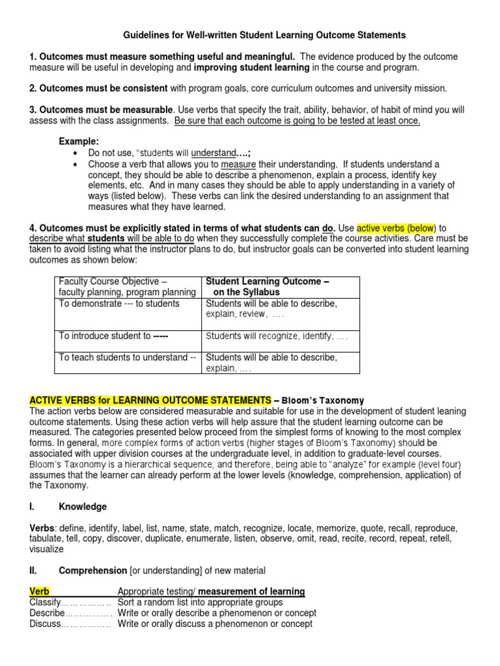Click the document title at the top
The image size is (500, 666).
click(x=264, y=35)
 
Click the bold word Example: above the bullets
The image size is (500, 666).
click(x=79, y=141)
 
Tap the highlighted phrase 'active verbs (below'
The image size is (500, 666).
click(x=396, y=228)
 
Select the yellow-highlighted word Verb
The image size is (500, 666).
click(x=40, y=591)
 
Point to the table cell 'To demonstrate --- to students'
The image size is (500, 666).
click(x=119, y=304)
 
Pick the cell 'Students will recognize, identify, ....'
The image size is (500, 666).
click(x=277, y=336)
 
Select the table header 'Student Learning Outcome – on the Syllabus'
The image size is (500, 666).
click(x=268, y=287)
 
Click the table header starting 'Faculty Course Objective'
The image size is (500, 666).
click(x=127, y=287)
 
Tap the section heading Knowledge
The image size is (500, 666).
click(x=83, y=507)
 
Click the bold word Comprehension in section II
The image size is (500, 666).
click(x=92, y=570)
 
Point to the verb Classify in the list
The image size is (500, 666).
click(x=45, y=602)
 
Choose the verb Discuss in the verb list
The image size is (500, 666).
click(x=45, y=624)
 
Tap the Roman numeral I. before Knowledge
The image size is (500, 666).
click(x=33, y=507)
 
